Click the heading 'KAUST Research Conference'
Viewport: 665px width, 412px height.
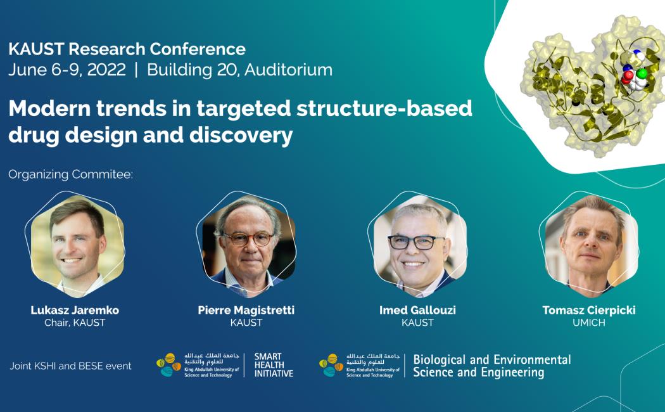(127, 49)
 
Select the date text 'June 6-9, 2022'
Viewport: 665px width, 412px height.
(67, 70)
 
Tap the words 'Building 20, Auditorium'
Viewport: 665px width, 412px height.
(239, 70)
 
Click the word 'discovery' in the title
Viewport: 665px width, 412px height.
(241, 135)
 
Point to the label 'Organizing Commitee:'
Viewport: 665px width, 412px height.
(71, 174)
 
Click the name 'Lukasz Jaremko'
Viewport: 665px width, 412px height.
(75, 310)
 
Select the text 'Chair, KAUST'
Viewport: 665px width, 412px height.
(75, 323)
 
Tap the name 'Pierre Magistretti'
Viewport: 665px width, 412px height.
(246, 310)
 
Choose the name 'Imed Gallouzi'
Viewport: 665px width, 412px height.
(418, 310)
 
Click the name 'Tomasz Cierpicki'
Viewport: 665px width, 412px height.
(589, 310)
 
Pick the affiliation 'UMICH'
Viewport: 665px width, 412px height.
(589, 323)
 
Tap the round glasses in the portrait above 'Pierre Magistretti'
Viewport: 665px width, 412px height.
(249, 240)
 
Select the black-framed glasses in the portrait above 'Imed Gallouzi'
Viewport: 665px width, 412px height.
(415, 242)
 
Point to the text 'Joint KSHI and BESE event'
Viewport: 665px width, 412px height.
(71, 366)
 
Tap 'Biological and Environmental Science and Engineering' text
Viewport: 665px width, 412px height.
(492, 366)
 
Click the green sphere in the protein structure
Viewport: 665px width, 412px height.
(642, 74)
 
